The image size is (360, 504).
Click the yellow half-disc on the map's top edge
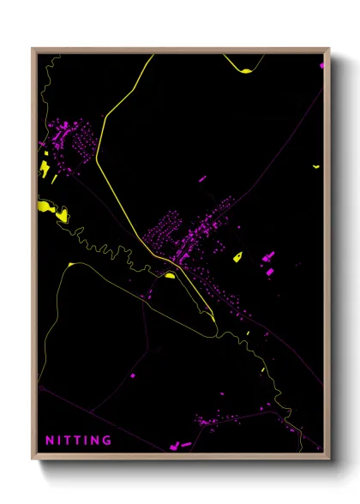click(x=247, y=69)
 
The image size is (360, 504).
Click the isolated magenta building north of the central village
click(x=203, y=179)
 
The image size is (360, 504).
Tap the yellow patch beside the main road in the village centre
click(x=170, y=276)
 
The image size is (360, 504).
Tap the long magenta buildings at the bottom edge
click(x=180, y=445)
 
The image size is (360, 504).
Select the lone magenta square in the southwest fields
click(x=133, y=375)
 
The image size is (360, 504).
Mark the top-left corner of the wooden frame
click(x=33, y=49)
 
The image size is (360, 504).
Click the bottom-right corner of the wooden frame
click(x=328, y=457)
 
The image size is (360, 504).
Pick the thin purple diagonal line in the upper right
click(x=283, y=141)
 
